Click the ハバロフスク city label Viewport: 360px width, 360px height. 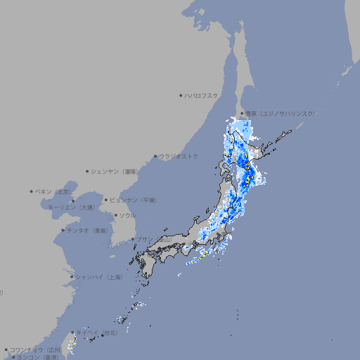pyautogui.click(x=202, y=95)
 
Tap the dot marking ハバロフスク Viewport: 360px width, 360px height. pyautogui.click(x=181, y=95)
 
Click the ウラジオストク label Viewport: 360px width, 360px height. pyautogui.click(x=179, y=156)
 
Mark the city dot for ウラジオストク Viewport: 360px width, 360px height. pyautogui.click(x=155, y=156)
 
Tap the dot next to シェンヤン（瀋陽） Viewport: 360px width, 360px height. pyautogui.click(x=88, y=171)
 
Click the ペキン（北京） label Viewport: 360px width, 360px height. pyautogui.click(x=54, y=191)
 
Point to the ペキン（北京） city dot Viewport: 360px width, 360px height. pyautogui.click(x=32, y=191)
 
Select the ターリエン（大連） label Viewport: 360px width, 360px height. pyautogui.click(x=70, y=207)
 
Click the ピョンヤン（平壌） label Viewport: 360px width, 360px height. pyautogui.click(x=134, y=200)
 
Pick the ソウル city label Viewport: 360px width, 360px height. pyautogui.click(x=127, y=215)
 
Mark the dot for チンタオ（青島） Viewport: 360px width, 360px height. pyautogui.click(x=63, y=230)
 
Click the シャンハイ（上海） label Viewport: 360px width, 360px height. pyautogui.click(x=98, y=277)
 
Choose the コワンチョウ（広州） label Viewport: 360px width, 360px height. pyautogui.click(x=36, y=349)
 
